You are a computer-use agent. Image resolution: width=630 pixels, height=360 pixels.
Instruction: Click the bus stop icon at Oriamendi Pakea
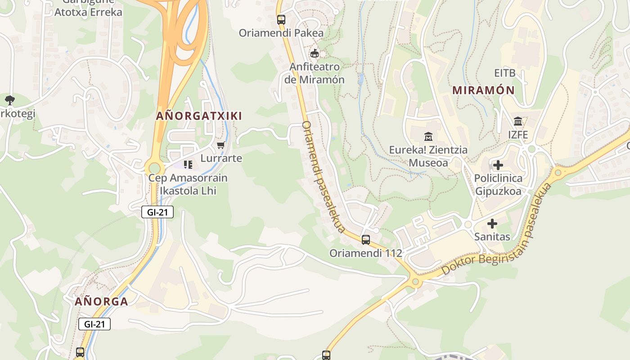coord(281,20)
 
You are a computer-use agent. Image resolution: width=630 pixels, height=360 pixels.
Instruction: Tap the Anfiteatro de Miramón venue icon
coord(314,54)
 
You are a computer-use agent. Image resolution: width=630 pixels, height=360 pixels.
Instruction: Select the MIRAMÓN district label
coord(483,90)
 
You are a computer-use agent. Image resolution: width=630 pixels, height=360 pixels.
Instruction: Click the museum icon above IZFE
coord(518,121)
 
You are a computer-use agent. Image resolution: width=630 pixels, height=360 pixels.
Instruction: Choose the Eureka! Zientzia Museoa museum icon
coord(428,136)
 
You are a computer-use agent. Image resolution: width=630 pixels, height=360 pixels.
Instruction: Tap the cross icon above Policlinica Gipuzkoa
coord(498,165)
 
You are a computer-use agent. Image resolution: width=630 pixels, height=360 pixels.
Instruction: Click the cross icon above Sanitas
coord(492,223)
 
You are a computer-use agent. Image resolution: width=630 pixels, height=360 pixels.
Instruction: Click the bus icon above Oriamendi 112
coord(366,240)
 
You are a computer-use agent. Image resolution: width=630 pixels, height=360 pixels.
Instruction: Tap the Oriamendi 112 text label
coord(365,253)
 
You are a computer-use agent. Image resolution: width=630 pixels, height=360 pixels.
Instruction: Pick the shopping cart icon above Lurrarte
coord(221,145)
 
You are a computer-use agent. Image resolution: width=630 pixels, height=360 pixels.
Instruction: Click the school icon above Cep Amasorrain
coord(188,165)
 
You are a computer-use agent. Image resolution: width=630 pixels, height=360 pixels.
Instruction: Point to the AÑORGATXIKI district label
coord(199,116)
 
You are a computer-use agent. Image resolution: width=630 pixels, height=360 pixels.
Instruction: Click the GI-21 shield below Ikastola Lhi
coord(157,212)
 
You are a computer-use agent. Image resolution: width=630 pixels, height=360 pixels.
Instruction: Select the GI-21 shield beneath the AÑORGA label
coord(94,324)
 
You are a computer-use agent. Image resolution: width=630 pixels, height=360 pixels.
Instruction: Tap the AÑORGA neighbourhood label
coord(101,301)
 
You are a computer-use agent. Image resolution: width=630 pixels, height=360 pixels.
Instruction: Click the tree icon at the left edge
coord(9,100)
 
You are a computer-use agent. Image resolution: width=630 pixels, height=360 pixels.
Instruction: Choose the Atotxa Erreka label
coord(88,12)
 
